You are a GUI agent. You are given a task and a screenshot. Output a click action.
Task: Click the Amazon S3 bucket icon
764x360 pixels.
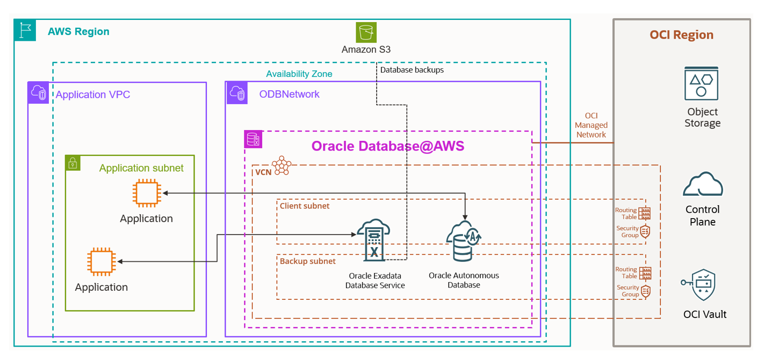[x=366, y=32]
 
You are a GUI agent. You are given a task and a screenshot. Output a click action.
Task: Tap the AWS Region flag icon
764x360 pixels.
[x=25, y=31]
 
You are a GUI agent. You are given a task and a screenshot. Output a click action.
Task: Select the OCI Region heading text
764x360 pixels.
[x=681, y=35]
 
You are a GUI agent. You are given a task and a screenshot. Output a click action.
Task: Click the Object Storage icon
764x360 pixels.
[x=701, y=83]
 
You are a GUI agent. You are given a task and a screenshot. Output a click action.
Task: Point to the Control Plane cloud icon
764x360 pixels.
[x=702, y=186]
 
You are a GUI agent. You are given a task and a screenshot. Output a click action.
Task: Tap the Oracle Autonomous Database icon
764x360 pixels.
[x=464, y=241]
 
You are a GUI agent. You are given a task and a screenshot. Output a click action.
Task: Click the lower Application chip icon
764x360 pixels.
[x=102, y=262]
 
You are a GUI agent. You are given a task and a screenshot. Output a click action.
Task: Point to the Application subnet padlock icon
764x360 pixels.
[x=73, y=163]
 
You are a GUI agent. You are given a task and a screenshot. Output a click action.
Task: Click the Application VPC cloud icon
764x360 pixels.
[x=38, y=93]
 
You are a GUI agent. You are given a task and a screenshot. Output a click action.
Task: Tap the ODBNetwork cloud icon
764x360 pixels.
[x=237, y=93]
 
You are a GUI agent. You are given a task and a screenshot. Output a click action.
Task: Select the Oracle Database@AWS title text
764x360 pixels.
[x=388, y=146]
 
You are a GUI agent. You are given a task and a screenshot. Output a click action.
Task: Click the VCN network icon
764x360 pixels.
[x=281, y=166]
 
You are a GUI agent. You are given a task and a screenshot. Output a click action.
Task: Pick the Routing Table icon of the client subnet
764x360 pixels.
[x=645, y=213]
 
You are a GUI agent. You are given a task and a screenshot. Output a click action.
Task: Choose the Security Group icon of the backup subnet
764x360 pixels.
[x=645, y=291]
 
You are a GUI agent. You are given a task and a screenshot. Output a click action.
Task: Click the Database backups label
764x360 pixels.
[x=412, y=70]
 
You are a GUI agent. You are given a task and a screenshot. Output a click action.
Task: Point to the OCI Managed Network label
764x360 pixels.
[x=591, y=125]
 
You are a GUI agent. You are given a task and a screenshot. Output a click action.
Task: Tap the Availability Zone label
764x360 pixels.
[x=299, y=74]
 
